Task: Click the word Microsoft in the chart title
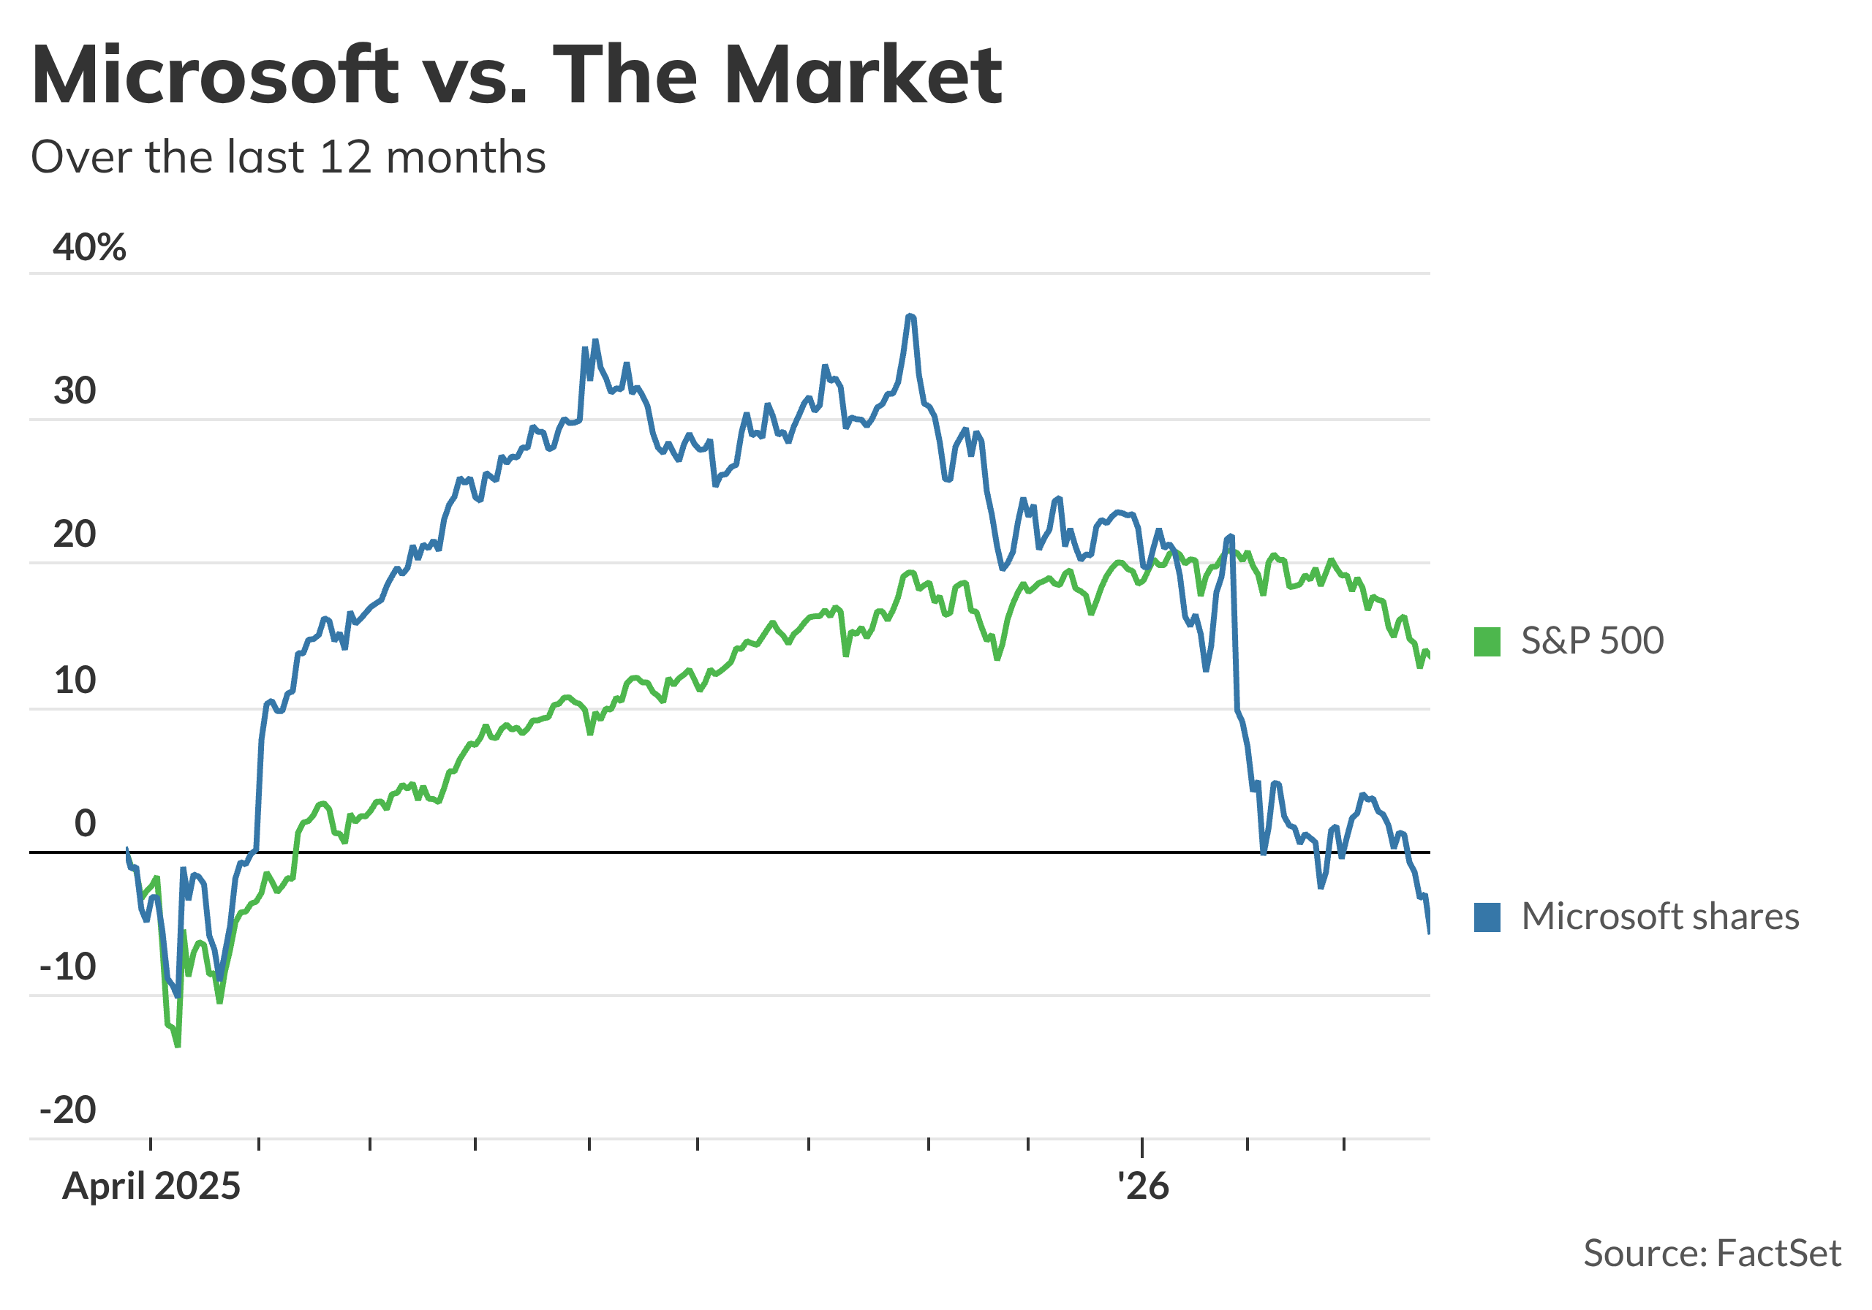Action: tap(214, 76)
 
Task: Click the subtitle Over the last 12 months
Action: tap(288, 156)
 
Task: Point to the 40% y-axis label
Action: tap(90, 247)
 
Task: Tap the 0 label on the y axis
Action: tap(85, 823)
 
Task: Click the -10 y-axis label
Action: tap(68, 967)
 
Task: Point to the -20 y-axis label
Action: tap(68, 1110)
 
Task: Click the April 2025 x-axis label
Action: tap(151, 1186)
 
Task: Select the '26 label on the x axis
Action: tap(1142, 1186)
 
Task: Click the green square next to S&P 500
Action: tap(1487, 642)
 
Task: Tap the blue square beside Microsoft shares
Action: tap(1487, 917)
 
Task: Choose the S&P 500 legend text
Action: tap(1591, 642)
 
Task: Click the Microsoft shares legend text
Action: tap(1660, 917)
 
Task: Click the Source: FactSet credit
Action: tap(1711, 1254)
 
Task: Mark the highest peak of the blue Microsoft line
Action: tap(910, 316)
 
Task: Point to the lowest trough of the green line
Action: tap(178, 1045)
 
